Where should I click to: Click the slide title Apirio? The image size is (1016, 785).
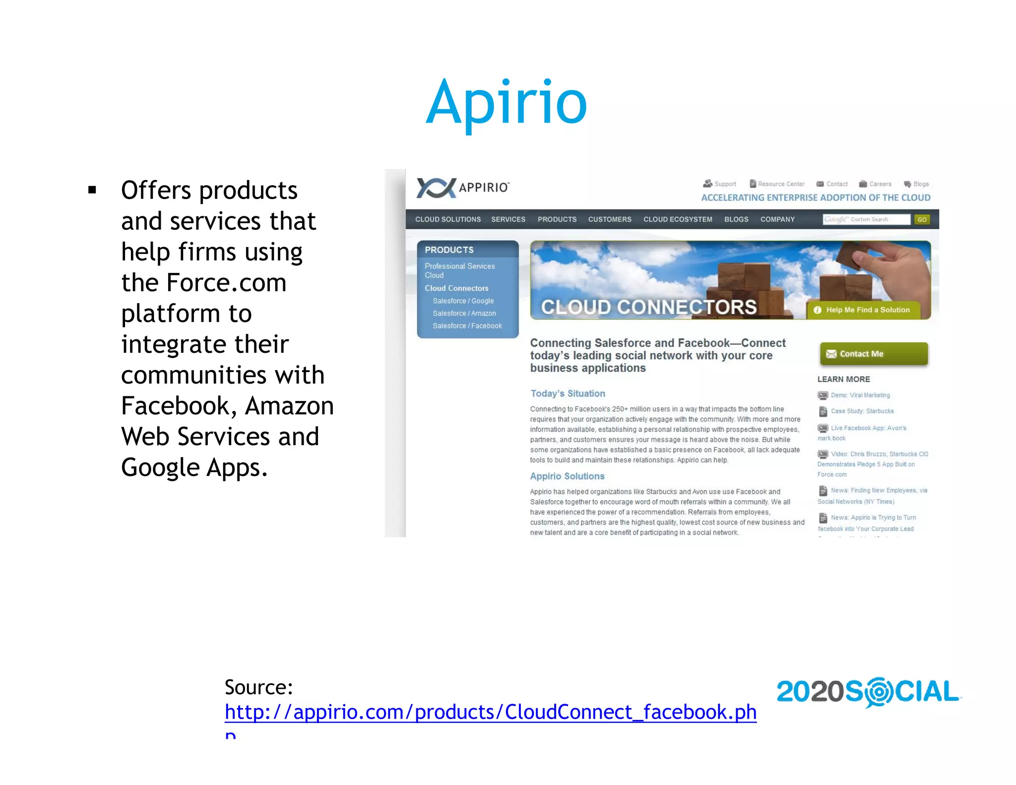click(x=507, y=103)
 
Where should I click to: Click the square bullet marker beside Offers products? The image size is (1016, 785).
click(x=92, y=190)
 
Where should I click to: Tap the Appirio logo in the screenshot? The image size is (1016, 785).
click(x=462, y=188)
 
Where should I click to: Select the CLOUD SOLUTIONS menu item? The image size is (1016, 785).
click(x=447, y=219)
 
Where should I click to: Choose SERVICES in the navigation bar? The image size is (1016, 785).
click(x=508, y=219)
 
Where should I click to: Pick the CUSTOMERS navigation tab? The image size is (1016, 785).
click(x=610, y=219)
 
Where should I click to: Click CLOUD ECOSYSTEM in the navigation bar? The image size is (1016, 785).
click(x=678, y=219)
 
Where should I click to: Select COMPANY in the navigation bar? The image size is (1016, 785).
click(x=777, y=219)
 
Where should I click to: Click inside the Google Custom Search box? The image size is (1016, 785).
click(x=866, y=219)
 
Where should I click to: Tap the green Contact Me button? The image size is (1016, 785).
click(x=874, y=354)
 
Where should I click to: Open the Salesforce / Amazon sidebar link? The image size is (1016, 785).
click(x=464, y=314)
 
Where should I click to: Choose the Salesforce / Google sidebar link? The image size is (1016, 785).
click(x=463, y=301)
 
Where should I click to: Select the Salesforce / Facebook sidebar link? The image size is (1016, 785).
click(x=467, y=326)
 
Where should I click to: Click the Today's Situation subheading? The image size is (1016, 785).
click(x=568, y=393)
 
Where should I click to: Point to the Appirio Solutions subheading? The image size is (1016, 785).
click(x=567, y=476)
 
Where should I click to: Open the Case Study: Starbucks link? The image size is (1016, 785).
click(x=862, y=411)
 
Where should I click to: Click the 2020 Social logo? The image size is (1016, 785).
click(x=868, y=692)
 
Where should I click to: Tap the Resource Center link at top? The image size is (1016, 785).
click(x=780, y=184)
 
